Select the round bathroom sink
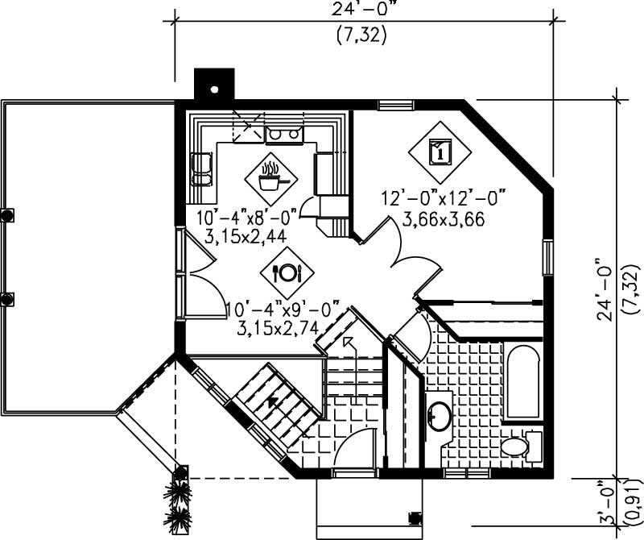coord(440,415)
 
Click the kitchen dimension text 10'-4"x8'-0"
coord(247,216)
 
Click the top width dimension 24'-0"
coord(364,9)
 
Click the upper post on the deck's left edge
coord(6,215)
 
